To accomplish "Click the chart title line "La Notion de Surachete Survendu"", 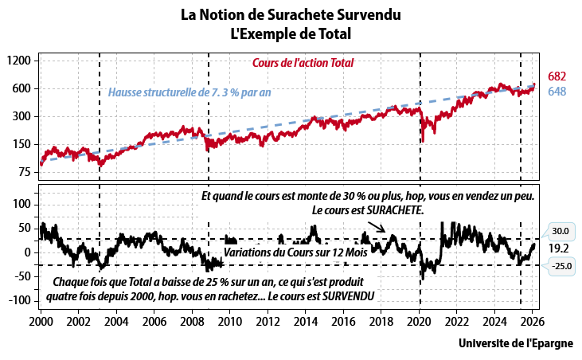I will click(291, 15).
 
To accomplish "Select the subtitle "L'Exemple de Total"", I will click(291, 33).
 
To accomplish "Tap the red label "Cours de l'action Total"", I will click(303, 63).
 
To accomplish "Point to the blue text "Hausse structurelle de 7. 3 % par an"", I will click(189, 92).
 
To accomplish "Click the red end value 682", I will click(557, 76).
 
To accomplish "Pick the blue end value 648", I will click(557, 92).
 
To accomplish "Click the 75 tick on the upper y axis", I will click(23, 171).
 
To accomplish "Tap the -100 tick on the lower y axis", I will click(18, 301).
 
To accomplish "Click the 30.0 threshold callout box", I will click(561, 232).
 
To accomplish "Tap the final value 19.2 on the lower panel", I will click(558, 248).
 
